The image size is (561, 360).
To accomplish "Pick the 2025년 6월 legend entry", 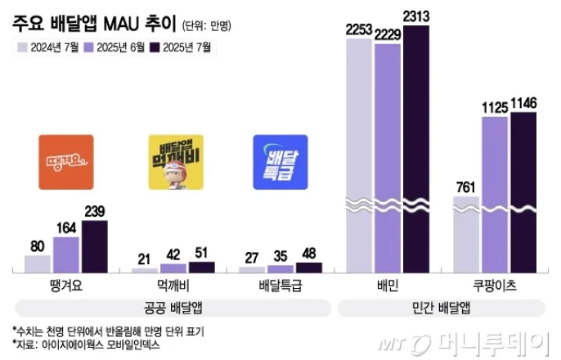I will click(x=116, y=47).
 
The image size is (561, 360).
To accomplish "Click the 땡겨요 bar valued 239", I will click(x=94, y=245).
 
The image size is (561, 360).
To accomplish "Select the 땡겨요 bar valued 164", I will click(x=66, y=254).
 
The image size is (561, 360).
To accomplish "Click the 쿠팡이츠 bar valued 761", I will click(x=466, y=233).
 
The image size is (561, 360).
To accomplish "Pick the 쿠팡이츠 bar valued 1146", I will click(x=523, y=192).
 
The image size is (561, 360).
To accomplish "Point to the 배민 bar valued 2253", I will click(x=359, y=155).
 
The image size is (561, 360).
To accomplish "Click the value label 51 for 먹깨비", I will click(x=201, y=252).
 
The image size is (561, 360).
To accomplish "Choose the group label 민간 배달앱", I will click(x=442, y=307).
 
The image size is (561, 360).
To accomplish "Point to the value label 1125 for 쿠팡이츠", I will click(x=495, y=106).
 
